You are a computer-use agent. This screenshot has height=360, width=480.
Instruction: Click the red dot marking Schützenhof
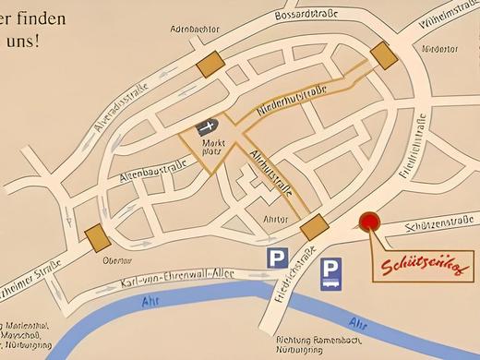click(369, 222)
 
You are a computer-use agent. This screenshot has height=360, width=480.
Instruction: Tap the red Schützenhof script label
click(424, 268)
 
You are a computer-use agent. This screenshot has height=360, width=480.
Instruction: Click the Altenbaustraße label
click(153, 170)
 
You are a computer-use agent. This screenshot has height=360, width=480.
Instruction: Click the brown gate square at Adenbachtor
click(210, 64)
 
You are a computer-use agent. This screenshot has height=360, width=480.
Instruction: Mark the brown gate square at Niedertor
click(380, 53)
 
